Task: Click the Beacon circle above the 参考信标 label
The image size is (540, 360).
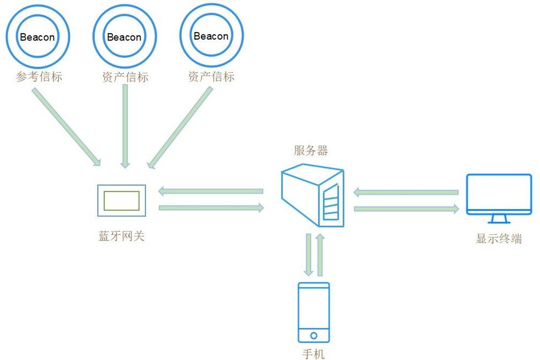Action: pyautogui.click(x=38, y=37)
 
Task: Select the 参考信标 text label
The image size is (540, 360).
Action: pyautogui.click(x=39, y=77)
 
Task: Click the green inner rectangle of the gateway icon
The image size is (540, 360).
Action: pyautogui.click(x=121, y=201)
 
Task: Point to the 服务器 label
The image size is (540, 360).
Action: pyautogui.click(x=311, y=151)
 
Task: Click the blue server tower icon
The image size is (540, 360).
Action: pyautogui.click(x=312, y=196)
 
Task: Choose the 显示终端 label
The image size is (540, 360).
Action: pyautogui.click(x=499, y=239)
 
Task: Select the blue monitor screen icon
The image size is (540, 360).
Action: pyautogui.click(x=499, y=194)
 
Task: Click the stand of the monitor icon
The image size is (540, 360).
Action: pyautogui.click(x=499, y=219)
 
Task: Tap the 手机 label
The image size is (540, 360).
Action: pyautogui.click(x=314, y=353)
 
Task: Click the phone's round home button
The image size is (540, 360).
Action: pyautogui.click(x=314, y=335)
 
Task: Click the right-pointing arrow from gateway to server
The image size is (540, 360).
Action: pyautogui.click(x=211, y=208)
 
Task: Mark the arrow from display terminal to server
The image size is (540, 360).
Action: pyautogui.click(x=406, y=192)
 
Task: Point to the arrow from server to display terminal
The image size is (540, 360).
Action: pyautogui.click(x=407, y=208)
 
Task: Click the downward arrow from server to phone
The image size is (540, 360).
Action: pyautogui.click(x=309, y=254)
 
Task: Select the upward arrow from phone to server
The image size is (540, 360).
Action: pyautogui.click(x=320, y=254)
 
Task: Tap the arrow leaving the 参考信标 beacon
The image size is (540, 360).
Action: pyautogui.click(x=67, y=127)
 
